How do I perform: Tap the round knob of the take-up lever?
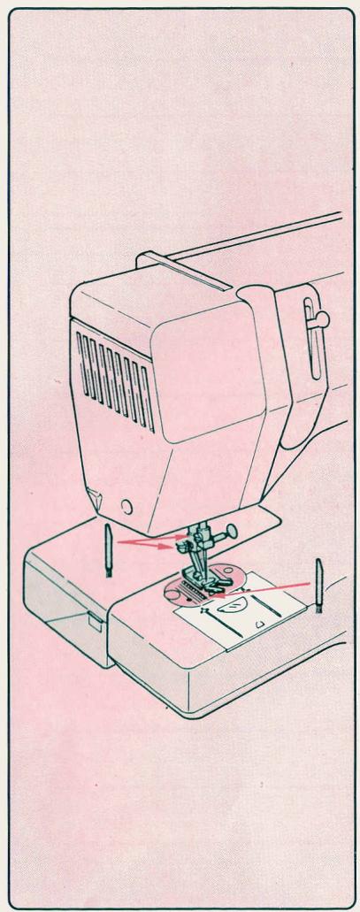[323, 318]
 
